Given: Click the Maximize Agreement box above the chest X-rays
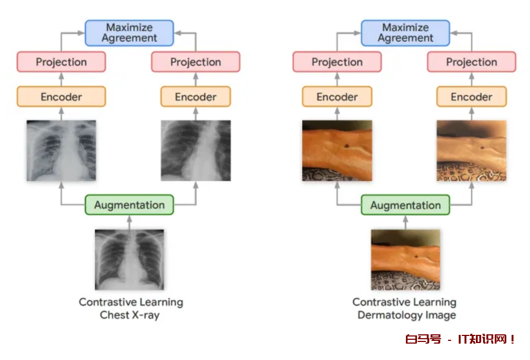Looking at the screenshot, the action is click(x=129, y=33).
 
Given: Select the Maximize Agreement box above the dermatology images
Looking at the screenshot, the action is click(x=405, y=33).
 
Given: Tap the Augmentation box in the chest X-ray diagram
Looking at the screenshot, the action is click(x=129, y=205).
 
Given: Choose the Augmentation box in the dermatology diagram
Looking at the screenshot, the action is click(x=405, y=205).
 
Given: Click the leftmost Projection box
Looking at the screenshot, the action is click(x=61, y=62).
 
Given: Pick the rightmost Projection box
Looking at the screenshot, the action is click(x=472, y=62).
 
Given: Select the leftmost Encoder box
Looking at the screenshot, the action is click(x=61, y=97).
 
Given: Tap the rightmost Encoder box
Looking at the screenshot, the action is click(x=472, y=97).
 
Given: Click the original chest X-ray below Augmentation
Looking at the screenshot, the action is click(x=129, y=259).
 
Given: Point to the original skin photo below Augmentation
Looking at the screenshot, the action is click(x=405, y=259).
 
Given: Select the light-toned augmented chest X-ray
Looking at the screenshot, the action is click(x=61, y=150).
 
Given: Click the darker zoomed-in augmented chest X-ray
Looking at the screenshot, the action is click(x=196, y=150).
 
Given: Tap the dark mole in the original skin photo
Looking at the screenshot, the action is click(x=416, y=257).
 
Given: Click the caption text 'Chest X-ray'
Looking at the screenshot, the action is click(x=130, y=315).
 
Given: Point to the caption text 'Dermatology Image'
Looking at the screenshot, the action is click(x=407, y=315).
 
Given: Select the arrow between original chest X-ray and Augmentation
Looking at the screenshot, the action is click(x=129, y=222).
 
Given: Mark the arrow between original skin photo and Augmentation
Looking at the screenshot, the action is click(x=405, y=222).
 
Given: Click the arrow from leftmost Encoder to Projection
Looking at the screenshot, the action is click(x=61, y=79).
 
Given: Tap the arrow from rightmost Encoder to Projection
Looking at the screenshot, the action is click(x=472, y=79).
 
